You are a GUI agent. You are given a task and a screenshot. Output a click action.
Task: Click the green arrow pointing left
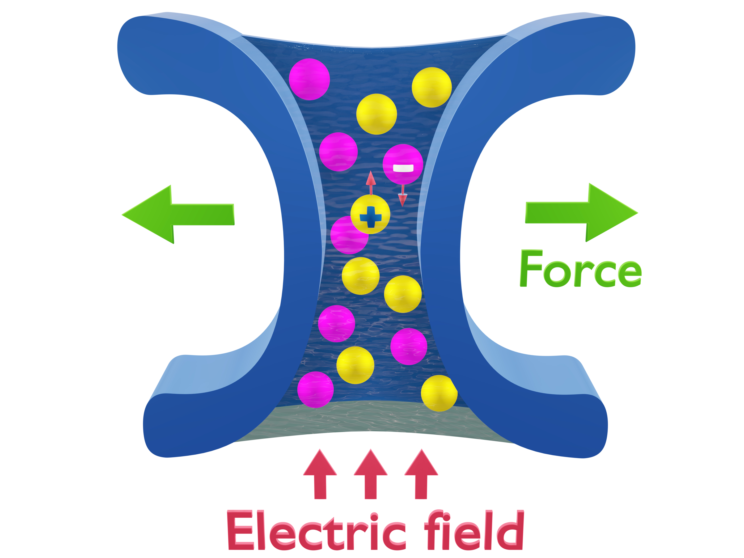point(178,214)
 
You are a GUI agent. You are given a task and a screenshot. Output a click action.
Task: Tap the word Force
point(581,269)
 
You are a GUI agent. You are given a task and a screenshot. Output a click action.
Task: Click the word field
point(474,530)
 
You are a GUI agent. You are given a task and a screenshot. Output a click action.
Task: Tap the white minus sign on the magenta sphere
point(403,168)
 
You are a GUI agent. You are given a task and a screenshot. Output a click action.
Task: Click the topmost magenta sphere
point(309,79)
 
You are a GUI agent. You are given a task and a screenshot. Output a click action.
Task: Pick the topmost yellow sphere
point(432,87)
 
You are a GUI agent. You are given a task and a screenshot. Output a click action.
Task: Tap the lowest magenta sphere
point(315,390)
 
